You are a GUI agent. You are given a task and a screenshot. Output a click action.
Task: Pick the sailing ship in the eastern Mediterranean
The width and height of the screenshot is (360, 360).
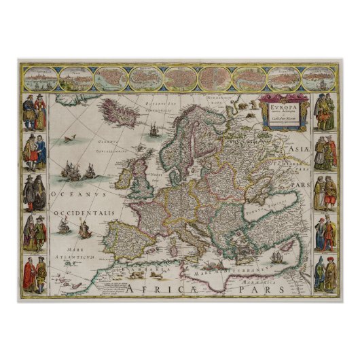[x=276, y=258]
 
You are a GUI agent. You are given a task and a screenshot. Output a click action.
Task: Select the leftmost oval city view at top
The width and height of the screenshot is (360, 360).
[x=39, y=77]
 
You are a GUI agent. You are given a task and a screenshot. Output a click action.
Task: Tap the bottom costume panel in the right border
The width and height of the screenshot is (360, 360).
[x=325, y=274]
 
